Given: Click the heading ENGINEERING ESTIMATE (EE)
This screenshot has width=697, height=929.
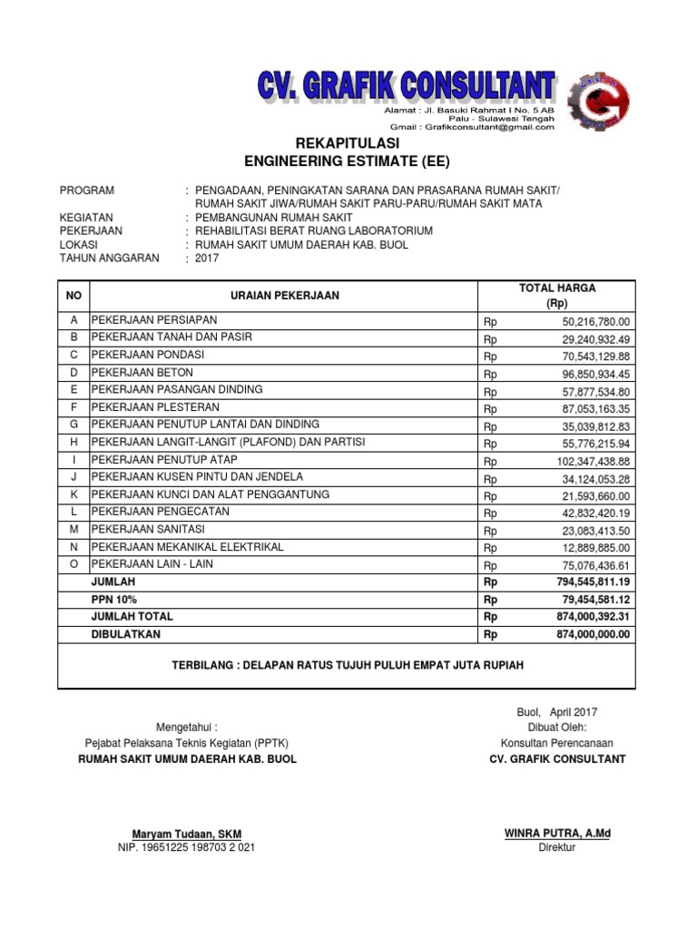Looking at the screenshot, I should (x=348, y=162).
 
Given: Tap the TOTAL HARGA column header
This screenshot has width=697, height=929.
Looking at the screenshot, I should (x=557, y=296).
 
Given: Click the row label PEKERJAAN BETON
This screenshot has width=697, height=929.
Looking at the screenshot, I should (x=142, y=373).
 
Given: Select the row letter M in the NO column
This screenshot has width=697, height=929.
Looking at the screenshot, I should (x=73, y=530).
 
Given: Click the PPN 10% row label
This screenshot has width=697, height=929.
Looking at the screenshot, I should (x=113, y=599).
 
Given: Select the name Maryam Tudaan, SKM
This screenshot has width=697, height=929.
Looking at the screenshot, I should (x=186, y=834).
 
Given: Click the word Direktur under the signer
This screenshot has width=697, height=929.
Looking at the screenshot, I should (x=556, y=848).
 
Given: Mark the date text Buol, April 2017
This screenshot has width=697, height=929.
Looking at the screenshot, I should (x=556, y=712).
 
